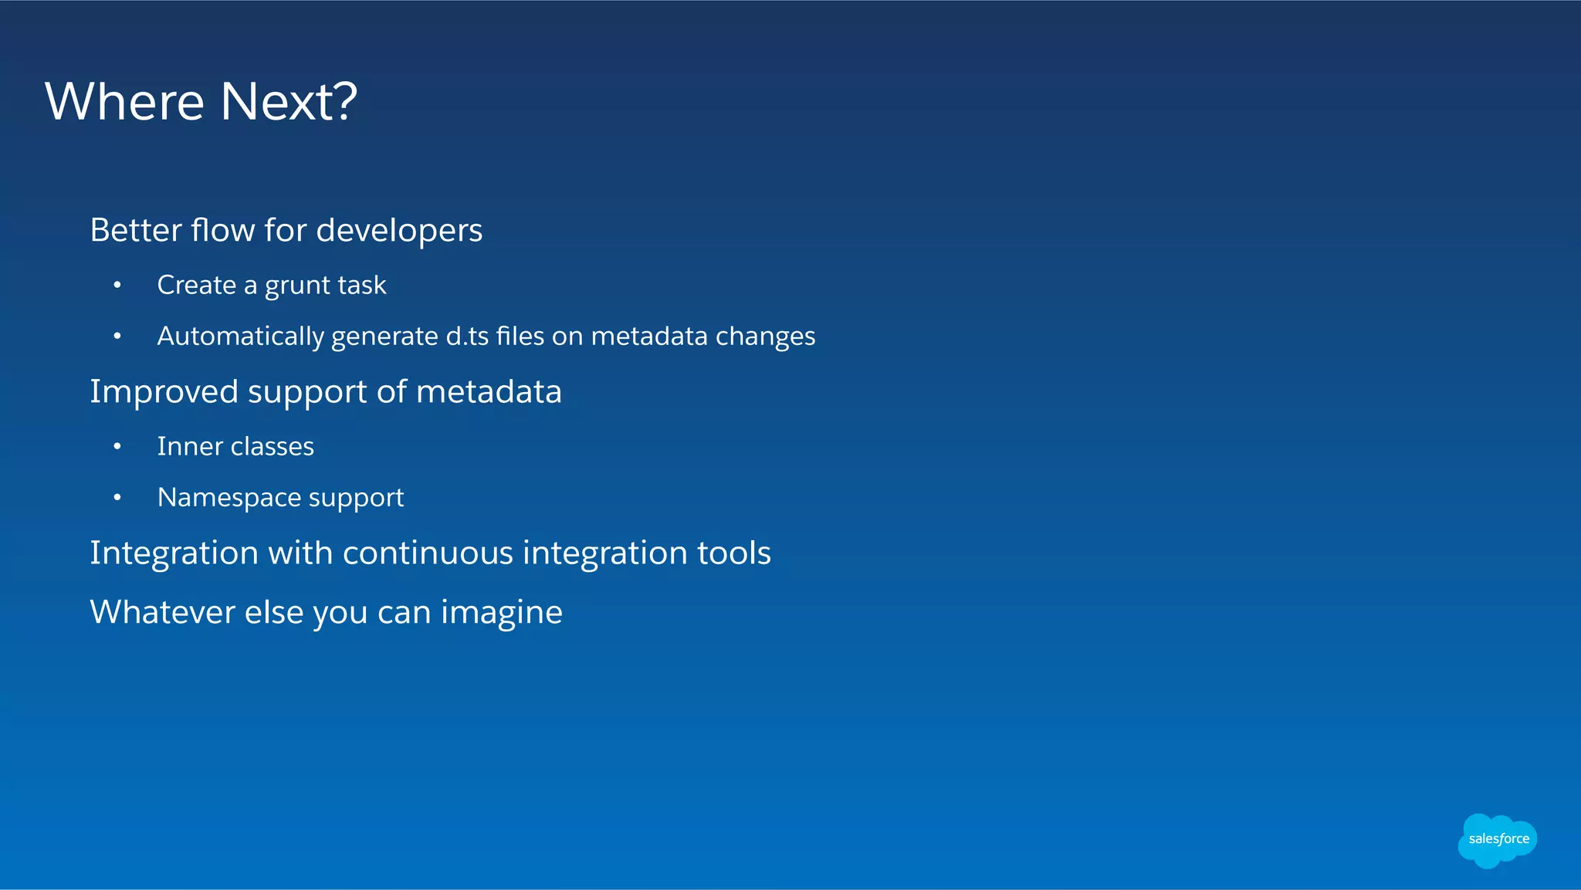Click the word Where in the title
click(x=124, y=102)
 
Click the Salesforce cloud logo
click(x=1497, y=840)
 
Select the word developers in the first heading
click(x=399, y=231)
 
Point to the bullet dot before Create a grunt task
click(x=117, y=286)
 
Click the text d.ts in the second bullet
click(x=467, y=337)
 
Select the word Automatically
click(x=240, y=337)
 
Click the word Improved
click(x=164, y=392)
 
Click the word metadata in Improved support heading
click(x=489, y=392)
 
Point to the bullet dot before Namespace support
click(x=117, y=498)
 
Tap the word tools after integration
click(x=733, y=553)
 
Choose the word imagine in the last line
click(x=501, y=613)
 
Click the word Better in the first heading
click(x=134, y=231)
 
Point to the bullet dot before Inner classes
click(x=117, y=447)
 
